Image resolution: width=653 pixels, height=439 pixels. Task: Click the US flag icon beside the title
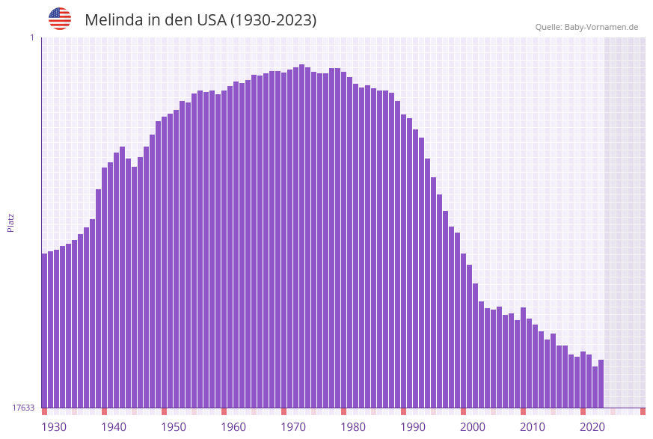tap(60, 19)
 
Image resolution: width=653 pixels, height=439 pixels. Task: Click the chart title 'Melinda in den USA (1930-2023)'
tap(200, 20)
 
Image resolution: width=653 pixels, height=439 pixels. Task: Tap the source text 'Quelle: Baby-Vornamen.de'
tap(586, 27)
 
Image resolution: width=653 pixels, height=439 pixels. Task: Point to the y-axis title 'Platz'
tap(11, 222)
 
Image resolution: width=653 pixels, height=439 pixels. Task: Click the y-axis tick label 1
tap(31, 37)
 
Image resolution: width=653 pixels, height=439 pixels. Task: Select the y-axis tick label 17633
tap(23, 408)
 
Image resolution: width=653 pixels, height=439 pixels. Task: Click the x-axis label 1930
tap(54, 427)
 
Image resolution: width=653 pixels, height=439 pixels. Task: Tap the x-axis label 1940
tap(114, 427)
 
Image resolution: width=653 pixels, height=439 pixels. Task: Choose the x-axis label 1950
tap(174, 427)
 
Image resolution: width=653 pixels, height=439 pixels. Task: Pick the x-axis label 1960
tap(233, 427)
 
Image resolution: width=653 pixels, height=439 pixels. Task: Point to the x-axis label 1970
tap(293, 427)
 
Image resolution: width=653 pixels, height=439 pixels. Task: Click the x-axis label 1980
tap(353, 427)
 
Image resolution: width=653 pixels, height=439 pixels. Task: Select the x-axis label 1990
tap(413, 427)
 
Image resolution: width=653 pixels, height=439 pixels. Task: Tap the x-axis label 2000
tap(473, 427)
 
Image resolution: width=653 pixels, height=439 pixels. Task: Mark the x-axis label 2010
tap(533, 427)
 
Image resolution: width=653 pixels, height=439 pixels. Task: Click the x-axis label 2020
tap(592, 427)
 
